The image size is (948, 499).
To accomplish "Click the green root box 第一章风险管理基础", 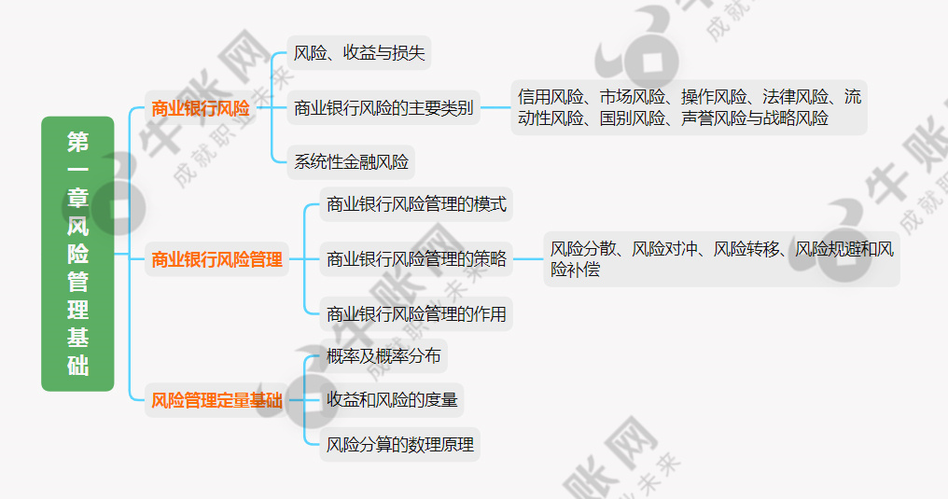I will click(x=77, y=253).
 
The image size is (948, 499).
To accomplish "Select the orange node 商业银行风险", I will click(x=201, y=108).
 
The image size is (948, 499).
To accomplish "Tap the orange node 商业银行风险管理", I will click(x=216, y=260).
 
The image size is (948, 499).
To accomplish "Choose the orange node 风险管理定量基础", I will click(x=216, y=401).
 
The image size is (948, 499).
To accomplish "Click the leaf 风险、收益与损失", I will click(x=359, y=53).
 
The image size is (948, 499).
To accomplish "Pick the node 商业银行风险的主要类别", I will click(x=383, y=108).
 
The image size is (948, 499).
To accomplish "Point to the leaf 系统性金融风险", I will click(x=351, y=162).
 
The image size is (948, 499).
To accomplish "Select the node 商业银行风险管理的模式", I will click(x=416, y=203).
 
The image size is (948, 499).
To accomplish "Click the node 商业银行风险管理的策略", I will click(x=416, y=259).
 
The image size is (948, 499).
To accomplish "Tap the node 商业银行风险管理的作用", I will click(x=416, y=314).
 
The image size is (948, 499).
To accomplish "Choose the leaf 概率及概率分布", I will click(x=383, y=355).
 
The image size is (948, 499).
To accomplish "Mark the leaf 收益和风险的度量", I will click(x=392, y=400).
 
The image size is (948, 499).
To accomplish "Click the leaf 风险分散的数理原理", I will click(x=400, y=445).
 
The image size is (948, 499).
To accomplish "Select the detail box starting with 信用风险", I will click(x=689, y=107).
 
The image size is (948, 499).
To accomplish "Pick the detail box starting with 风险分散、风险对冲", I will click(x=721, y=259).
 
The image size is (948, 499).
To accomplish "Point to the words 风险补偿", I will click(x=575, y=270).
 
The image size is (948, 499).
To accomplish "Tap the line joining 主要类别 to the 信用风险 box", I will click(x=495, y=108).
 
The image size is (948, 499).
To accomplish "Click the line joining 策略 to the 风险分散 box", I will click(x=528, y=259).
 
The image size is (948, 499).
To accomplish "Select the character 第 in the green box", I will click(x=77, y=142).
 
